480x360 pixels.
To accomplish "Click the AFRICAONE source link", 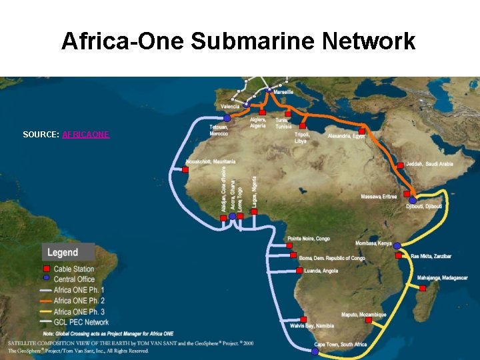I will click(85, 135).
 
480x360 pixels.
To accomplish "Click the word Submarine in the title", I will click(253, 41).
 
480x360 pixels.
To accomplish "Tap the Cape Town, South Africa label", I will click(341, 345).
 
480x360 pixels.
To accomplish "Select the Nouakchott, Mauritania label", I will click(211, 162).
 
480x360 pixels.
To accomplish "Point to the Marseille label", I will click(283, 92).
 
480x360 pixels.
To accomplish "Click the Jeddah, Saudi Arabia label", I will click(430, 164).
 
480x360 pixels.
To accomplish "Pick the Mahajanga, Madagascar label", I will click(443, 277).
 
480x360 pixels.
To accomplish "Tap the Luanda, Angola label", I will click(321, 271).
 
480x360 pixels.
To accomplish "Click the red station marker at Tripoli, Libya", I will click(303, 125).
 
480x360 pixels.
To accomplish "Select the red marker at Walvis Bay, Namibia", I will click(303, 319).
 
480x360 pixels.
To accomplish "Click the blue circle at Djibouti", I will click(413, 200).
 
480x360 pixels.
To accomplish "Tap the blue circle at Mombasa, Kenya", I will click(397, 245).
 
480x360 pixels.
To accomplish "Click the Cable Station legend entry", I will click(74, 269).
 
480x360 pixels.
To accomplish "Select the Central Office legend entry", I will click(74, 279).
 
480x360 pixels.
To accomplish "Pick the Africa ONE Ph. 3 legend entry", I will click(79, 311).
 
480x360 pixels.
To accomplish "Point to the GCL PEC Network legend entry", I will click(81, 322).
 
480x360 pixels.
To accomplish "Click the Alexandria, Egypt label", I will click(347, 136).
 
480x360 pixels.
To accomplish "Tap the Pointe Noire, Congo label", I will click(309, 239).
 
